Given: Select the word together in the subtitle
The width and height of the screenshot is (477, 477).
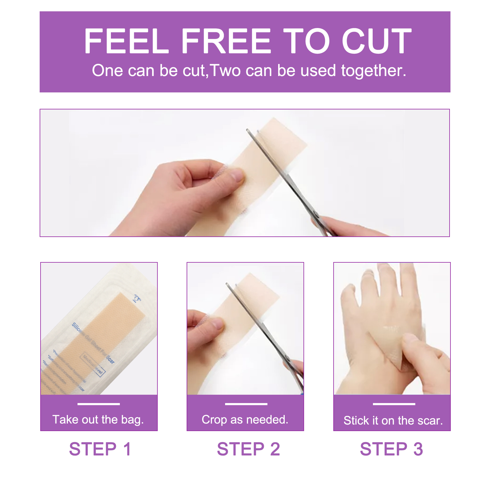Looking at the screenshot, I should click(374, 71).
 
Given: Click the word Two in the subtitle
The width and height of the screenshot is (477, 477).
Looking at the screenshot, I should click(225, 71).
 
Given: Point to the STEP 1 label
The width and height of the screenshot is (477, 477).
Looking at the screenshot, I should click(100, 449).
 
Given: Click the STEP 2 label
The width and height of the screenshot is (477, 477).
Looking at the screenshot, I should click(248, 449).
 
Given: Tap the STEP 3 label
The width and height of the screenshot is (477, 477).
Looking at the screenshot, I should click(391, 449).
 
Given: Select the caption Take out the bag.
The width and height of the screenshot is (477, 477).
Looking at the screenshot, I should click(98, 419).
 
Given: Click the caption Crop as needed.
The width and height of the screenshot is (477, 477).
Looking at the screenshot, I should click(245, 419).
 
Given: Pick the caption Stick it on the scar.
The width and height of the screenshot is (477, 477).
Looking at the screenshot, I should click(393, 420).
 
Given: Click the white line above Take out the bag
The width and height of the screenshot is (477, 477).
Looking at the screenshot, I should click(99, 404).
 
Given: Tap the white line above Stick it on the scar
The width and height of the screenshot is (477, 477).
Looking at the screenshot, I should click(394, 404).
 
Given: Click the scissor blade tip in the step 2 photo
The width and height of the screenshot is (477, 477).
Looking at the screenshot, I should click(227, 284).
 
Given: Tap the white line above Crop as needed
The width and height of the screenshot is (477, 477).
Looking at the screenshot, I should click(246, 404).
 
